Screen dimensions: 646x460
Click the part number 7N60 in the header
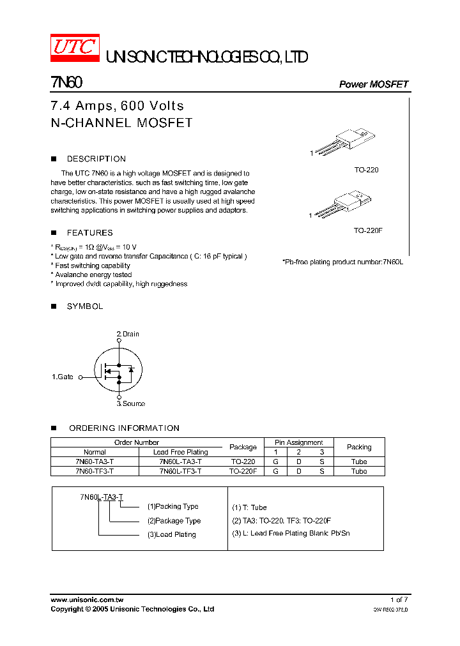(66, 83)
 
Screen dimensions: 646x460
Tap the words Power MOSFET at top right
(373, 84)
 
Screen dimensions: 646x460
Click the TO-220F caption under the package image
(367, 230)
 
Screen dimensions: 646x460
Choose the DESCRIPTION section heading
(96, 159)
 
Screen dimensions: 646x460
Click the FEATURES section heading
(89, 233)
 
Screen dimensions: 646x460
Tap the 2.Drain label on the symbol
(128, 334)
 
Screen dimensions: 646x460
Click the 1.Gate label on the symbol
(63, 377)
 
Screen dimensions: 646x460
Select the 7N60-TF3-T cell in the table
(95, 471)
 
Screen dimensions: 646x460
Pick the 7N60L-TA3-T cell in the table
(180, 462)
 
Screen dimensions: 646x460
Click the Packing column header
(359, 447)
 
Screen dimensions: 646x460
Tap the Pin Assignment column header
(299, 442)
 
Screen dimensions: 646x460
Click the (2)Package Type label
(174, 521)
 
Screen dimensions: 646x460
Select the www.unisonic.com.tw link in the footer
(87, 600)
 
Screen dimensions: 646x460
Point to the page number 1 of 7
(399, 600)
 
